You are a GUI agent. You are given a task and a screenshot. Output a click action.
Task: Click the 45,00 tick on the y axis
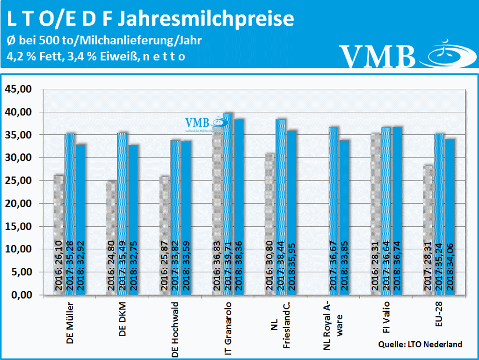click(x=18, y=89)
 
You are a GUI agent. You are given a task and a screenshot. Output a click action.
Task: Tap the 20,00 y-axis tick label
click(x=18, y=204)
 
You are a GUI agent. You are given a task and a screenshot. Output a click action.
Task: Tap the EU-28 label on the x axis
click(x=438, y=318)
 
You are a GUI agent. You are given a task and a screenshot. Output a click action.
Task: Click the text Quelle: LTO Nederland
click(x=420, y=345)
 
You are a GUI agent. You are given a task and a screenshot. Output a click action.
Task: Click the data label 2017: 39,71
click(x=228, y=267)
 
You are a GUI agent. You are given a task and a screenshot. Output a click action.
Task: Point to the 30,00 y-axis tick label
click(x=18, y=158)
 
